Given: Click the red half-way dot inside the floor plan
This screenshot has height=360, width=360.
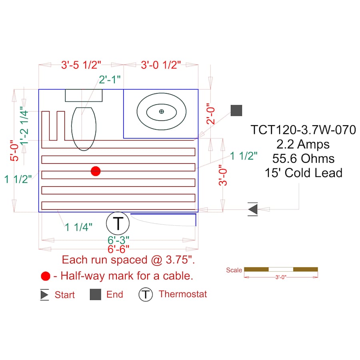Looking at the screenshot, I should click(x=95, y=171).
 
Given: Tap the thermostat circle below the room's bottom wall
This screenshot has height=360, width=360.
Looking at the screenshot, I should click(x=118, y=223).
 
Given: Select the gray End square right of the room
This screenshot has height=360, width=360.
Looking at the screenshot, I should click(x=236, y=110).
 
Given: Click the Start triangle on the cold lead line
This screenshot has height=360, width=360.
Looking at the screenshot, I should click(x=252, y=209).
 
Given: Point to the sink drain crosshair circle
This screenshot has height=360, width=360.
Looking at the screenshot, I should click(x=161, y=111).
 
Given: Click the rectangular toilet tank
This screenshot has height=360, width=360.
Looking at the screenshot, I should click(x=84, y=96).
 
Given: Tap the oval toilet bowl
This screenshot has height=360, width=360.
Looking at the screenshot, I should click(x=84, y=129).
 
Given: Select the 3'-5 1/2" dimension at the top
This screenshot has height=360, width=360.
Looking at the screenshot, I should click(x=81, y=65).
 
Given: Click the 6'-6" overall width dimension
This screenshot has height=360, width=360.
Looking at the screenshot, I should click(x=118, y=249).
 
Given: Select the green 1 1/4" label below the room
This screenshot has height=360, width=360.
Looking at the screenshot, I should click(x=79, y=227).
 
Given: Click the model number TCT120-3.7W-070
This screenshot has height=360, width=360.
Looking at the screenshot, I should click(x=303, y=130).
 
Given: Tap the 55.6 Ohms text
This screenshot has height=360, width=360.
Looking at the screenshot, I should click(x=303, y=158).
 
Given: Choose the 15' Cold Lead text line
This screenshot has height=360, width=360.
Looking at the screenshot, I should click(x=303, y=173).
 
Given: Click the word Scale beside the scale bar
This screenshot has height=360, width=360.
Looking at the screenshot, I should click(x=234, y=270).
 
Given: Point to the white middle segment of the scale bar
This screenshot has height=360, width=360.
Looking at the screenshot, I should click(x=281, y=269).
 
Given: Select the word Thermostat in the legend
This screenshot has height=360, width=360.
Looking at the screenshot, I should click(x=183, y=294).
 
